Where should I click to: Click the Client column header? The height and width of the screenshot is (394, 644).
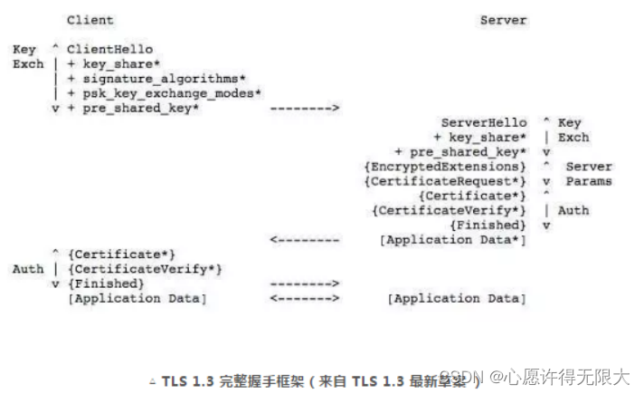pos(90,20)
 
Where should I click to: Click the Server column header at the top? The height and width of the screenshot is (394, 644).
pos(503,20)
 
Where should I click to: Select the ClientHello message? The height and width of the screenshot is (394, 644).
pos(109,49)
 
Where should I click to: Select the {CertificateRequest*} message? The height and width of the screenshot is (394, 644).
pos(444,181)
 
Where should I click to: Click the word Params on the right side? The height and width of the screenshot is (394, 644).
pos(589,181)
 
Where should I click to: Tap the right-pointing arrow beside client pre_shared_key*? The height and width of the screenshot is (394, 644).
pos(305,109)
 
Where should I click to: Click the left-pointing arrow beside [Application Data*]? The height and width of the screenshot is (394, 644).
pos(305,240)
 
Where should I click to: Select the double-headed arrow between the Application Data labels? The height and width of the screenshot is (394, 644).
pos(305,298)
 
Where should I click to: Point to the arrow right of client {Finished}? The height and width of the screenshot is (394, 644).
pos(305,283)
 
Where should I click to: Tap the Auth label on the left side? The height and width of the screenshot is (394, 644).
pos(27,269)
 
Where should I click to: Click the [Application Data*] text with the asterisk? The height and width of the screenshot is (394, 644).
pos(452,240)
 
